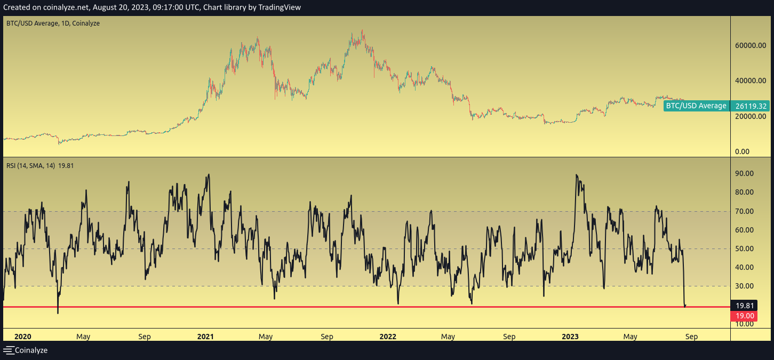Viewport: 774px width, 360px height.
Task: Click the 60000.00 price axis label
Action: (x=751, y=45)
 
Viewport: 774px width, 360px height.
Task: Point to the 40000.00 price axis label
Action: (x=751, y=81)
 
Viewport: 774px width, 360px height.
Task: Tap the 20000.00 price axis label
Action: (x=751, y=116)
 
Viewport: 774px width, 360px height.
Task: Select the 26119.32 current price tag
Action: (x=751, y=106)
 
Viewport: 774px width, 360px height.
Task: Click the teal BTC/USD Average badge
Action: (x=696, y=106)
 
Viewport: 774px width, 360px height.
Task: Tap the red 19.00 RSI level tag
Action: (x=745, y=316)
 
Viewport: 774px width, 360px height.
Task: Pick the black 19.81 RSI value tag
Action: (x=745, y=306)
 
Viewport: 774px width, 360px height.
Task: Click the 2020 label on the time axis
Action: (x=23, y=337)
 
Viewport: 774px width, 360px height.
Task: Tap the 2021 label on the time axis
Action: (x=205, y=337)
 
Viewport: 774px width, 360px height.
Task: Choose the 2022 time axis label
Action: (x=388, y=337)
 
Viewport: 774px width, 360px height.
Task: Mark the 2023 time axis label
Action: (x=570, y=337)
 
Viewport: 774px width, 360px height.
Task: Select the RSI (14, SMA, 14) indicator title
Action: (x=31, y=166)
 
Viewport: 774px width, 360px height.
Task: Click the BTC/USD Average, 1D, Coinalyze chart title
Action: (x=53, y=23)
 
